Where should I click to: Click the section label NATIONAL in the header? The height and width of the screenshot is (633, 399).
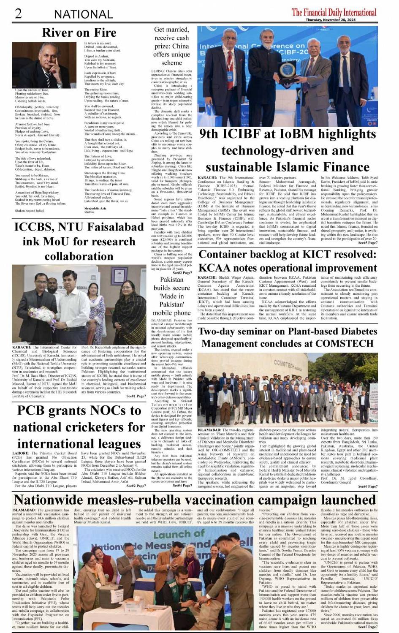[83, 14]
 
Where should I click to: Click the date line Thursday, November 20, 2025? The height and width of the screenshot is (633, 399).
[342, 20]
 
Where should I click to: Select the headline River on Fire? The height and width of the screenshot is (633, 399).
[79, 33]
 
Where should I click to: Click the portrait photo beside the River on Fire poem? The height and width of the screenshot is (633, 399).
[41, 65]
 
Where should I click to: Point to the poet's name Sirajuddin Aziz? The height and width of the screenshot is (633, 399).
[95, 208]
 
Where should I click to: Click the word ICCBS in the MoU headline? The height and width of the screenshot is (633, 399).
[35, 227]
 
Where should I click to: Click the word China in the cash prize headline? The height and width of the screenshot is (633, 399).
[180, 46]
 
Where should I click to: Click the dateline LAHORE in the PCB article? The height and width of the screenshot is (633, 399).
[21, 453]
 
